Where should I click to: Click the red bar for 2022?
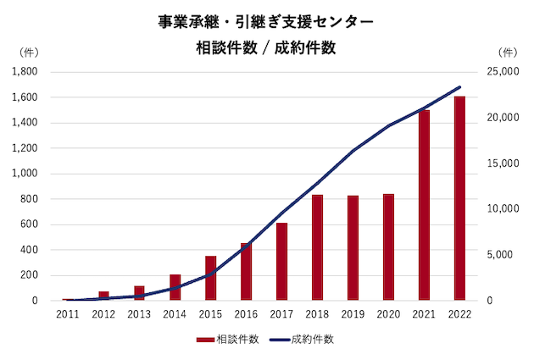point(459,198)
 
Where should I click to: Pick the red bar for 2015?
point(211,278)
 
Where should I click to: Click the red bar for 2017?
point(281,262)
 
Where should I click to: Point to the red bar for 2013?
point(139,293)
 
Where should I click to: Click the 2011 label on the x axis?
point(68,313)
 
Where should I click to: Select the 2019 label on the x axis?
point(353,313)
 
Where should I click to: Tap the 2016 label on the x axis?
point(246,313)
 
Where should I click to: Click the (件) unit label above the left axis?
point(28,53)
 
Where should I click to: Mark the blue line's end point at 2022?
point(459,87)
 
